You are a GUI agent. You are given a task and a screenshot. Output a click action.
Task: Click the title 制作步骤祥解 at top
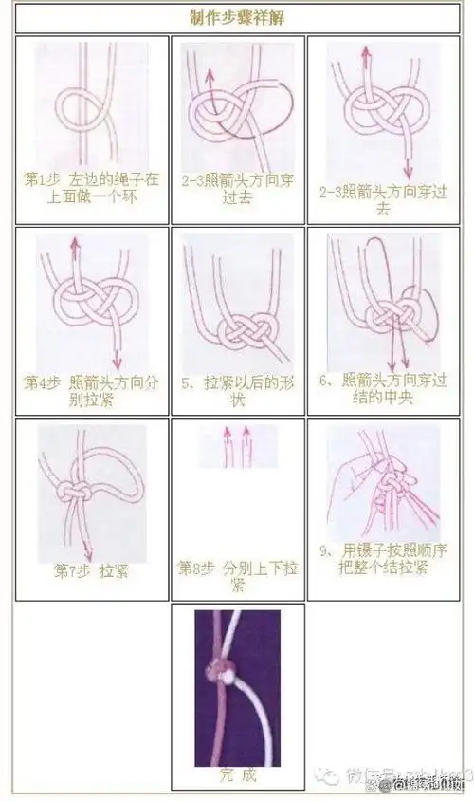(x=237, y=18)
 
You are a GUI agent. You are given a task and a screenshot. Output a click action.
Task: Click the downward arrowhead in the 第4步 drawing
(x=118, y=365)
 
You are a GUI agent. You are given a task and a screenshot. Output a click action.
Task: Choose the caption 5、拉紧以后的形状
(x=238, y=391)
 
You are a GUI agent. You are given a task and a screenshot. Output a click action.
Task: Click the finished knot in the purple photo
(x=228, y=670)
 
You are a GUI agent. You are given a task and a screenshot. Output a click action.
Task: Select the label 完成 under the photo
(x=237, y=774)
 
